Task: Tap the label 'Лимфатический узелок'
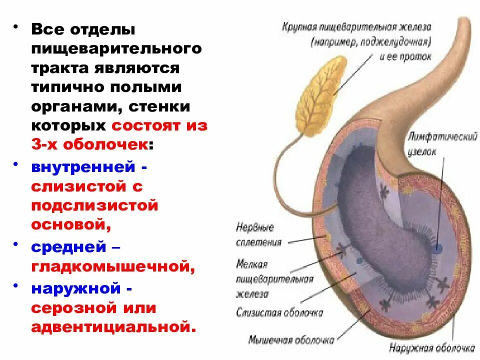[x=442, y=142]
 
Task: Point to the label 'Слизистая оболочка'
[x=279, y=312]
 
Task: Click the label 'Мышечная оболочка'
[x=291, y=340]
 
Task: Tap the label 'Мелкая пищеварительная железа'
[x=274, y=279]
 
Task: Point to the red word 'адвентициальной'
[x=111, y=327]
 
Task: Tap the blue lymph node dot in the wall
[x=438, y=248]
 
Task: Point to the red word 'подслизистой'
[x=94, y=205]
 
